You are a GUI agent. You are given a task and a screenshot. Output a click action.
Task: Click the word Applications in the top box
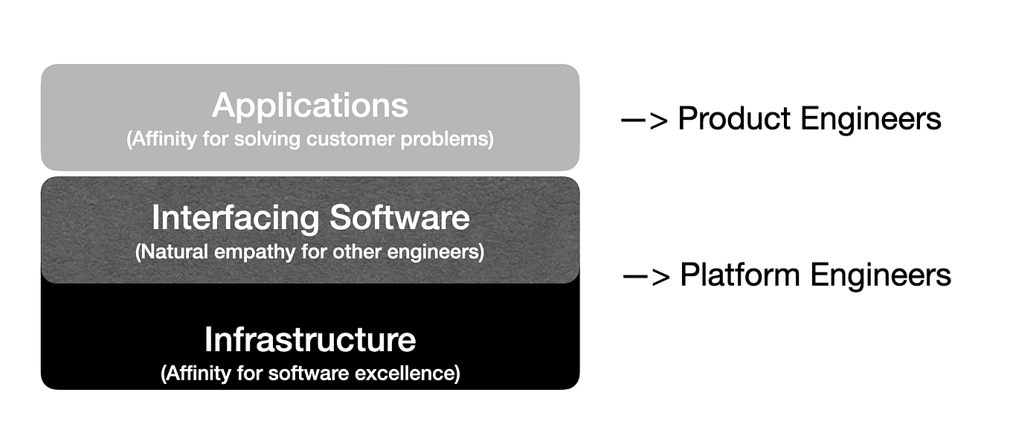[x=310, y=105]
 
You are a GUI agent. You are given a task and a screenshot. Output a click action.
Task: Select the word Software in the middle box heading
[x=399, y=218]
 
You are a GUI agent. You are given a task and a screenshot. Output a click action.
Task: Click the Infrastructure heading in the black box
[x=310, y=339]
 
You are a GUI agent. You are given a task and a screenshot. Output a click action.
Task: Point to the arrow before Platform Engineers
[x=646, y=276]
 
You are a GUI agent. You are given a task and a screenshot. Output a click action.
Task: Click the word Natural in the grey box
[x=173, y=252]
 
